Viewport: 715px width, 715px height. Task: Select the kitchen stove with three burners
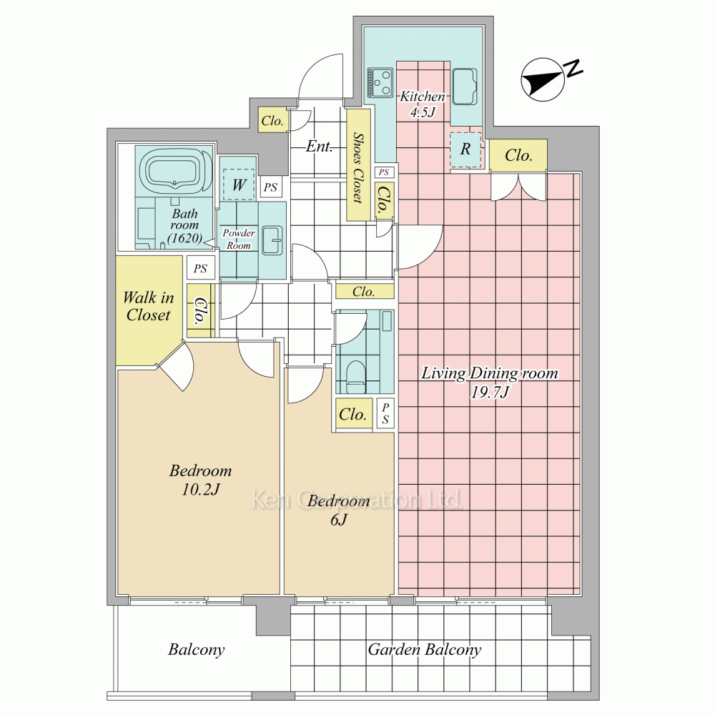pos(381,82)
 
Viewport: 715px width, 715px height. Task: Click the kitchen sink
pos(465,87)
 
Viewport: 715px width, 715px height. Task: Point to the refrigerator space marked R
pos(465,149)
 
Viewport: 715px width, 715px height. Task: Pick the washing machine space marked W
pos(239,184)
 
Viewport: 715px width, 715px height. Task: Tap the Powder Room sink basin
pos(273,239)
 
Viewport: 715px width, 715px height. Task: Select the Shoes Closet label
pos(358,167)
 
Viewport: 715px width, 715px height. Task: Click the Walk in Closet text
pos(149,307)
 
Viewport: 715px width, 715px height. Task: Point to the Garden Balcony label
pos(425,650)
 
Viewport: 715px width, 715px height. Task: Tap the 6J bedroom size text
pos(339,520)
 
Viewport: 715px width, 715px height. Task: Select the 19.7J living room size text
pos(490,392)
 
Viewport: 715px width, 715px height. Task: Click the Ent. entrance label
pos(319,147)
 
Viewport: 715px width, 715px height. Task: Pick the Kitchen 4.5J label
pos(423,104)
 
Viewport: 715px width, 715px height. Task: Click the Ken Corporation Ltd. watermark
pos(357,499)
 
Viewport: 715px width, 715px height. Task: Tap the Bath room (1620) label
pos(184,226)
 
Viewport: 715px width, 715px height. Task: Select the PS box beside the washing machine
pos(270,187)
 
